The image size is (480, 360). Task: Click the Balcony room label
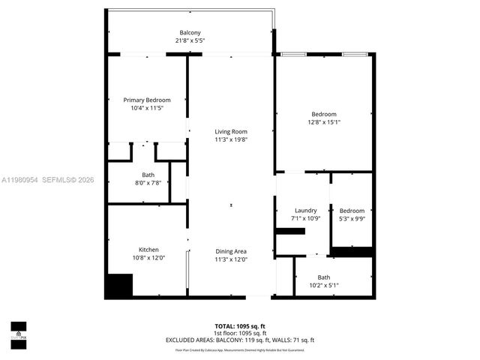(190, 32)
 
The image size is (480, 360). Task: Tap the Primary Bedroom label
(147, 100)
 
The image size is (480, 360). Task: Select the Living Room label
(231, 131)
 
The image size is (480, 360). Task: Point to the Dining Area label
(231, 251)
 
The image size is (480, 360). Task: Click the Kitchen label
(148, 250)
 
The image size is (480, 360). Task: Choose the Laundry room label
(305, 210)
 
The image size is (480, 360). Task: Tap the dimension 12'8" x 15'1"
(324, 122)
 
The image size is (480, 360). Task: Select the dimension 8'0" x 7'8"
(148, 182)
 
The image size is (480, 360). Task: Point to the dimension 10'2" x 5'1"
(323, 285)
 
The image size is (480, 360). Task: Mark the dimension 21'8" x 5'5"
(190, 40)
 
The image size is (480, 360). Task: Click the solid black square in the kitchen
(118, 286)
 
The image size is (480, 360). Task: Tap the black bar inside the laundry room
(290, 232)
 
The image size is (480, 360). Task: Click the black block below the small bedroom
(352, 252)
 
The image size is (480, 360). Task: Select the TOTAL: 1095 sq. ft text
(239, 325)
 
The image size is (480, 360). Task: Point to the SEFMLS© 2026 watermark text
(67, 179)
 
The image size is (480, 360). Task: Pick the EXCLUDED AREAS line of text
(239, 340)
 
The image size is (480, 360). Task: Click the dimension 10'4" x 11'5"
(147, 108)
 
